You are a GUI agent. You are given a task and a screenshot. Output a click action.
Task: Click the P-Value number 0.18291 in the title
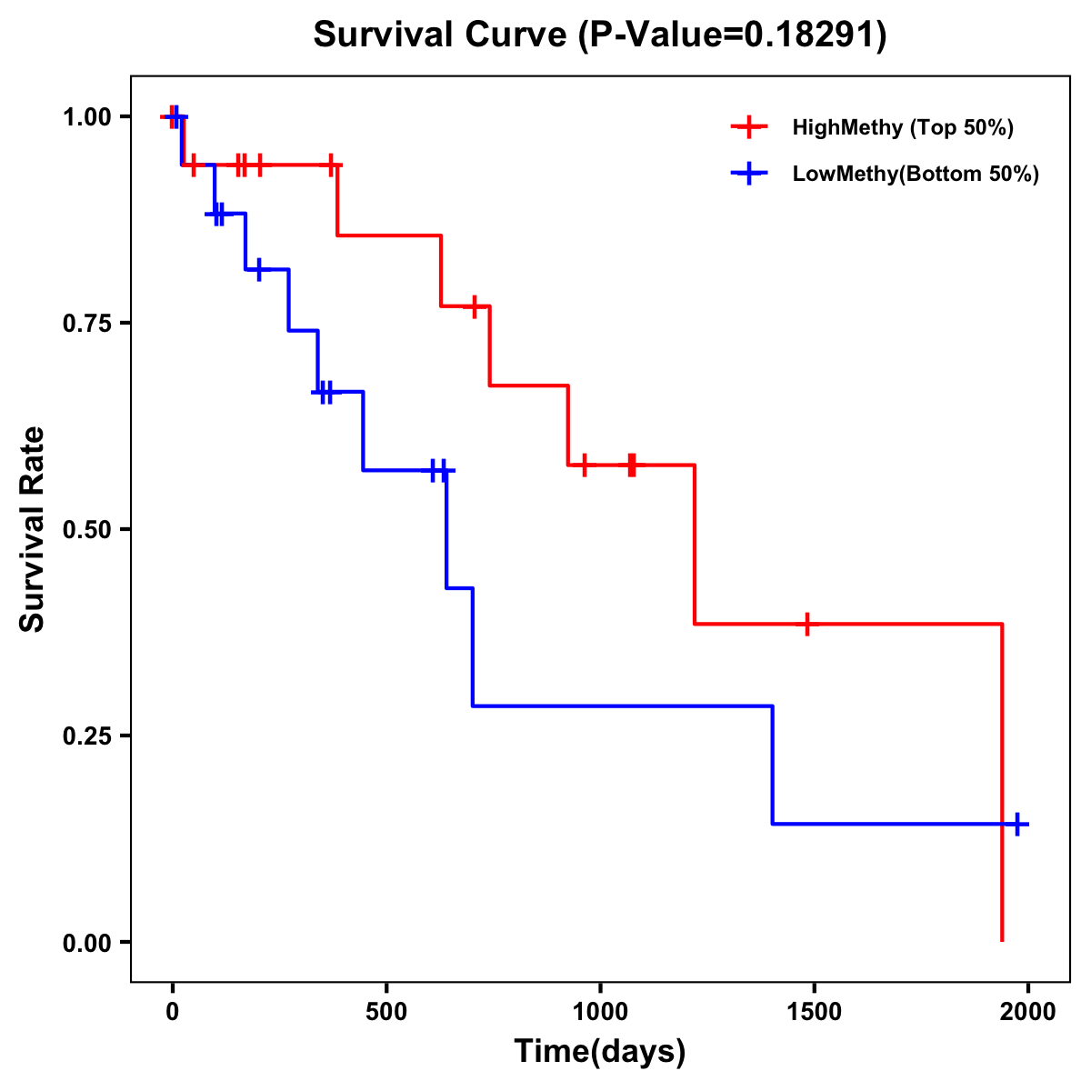(x=811, y=35)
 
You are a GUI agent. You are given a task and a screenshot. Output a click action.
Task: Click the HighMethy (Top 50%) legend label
(x=903, y=127)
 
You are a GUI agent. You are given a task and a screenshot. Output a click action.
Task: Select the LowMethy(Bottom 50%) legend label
(x=916, y=174)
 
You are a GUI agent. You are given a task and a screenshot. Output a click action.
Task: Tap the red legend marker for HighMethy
(x=748, y=127)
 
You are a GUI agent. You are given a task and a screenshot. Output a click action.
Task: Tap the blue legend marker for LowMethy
(x=748, y=174)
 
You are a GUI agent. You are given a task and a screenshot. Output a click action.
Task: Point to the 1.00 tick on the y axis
(x=86, y=117)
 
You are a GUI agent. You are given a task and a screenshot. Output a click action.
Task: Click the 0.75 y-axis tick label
(x=86, y=324)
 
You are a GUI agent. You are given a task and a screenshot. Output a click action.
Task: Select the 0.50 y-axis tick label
(x=86, y=530)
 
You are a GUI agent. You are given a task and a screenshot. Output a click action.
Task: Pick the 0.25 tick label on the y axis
(x=86, y=736)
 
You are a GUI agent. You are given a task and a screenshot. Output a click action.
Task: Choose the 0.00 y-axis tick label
(x=86, y=943)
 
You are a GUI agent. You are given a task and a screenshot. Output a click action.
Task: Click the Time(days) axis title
(x=600, y=1052)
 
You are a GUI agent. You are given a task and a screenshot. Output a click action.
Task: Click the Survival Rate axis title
(x=33, y=529)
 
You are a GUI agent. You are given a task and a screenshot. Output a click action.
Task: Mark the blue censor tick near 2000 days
(x=1017, y=824)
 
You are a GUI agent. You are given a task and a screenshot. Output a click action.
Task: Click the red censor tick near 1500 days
(x=806, y=624)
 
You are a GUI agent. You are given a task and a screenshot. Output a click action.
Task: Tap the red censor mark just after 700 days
(x=474, y=306)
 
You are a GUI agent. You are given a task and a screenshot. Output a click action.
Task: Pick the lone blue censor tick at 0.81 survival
(x=259, y=270)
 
